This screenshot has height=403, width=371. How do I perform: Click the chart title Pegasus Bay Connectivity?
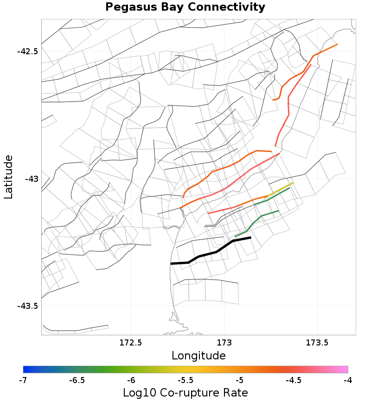(x=185, y=7)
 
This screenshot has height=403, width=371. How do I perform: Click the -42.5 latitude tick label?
(x=27, y=51)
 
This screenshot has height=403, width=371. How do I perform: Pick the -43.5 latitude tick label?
(x=27, y=306)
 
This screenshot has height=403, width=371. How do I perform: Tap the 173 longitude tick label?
(x=224, y=343)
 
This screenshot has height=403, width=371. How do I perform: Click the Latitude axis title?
(x=8, y=177)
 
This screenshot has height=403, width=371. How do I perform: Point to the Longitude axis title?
(x=198, y=356)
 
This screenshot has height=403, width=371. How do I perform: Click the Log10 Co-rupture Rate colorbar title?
(x=185, y=393)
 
